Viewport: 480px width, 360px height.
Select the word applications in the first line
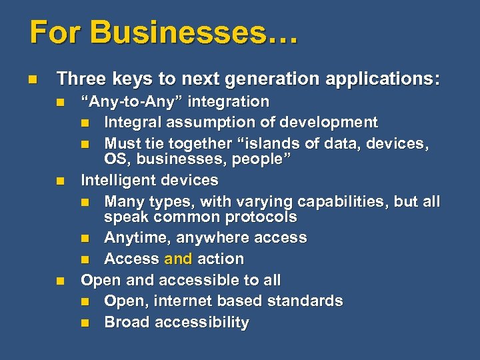coord(388,80)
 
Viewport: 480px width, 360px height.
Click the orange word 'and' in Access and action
coord(178,259)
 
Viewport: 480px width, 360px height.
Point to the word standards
coord(305,301)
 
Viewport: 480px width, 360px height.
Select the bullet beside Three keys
coord(33,80)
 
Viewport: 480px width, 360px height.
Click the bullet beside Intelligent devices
coord(61,181)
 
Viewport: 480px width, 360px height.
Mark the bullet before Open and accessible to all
coord(61,281)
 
